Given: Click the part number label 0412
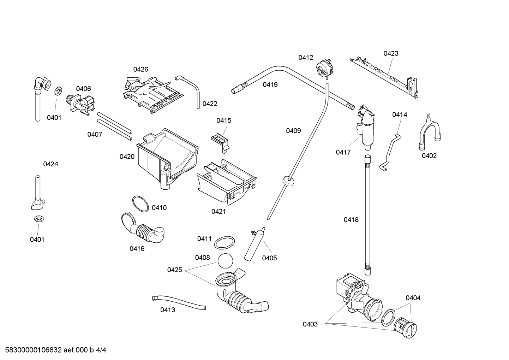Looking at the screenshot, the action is coord(306,58).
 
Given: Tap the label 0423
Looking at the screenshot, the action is coord(391,53).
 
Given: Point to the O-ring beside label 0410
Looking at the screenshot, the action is coord(140,204).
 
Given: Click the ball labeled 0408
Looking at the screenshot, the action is coord(226,261).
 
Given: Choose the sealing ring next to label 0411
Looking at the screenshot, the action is coord(224,243).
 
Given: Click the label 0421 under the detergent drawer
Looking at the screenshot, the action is coord(218,212).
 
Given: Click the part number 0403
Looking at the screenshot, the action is coord(310,324).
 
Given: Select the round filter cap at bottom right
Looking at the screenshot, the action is coord(405,328).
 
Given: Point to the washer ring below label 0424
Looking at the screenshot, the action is coord(39,219).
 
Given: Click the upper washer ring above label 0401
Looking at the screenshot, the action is coord(59,91).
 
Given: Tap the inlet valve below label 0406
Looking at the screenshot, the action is coord(80,105).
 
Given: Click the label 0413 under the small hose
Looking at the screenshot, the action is coord(168,310).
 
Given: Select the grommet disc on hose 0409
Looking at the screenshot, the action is coord(288,181).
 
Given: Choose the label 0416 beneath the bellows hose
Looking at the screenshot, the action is coord(137,249).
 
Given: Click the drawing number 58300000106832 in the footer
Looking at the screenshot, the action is coord(34,350).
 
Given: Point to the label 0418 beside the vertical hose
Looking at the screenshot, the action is coord(351,220).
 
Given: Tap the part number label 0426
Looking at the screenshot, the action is coord(140,69).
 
